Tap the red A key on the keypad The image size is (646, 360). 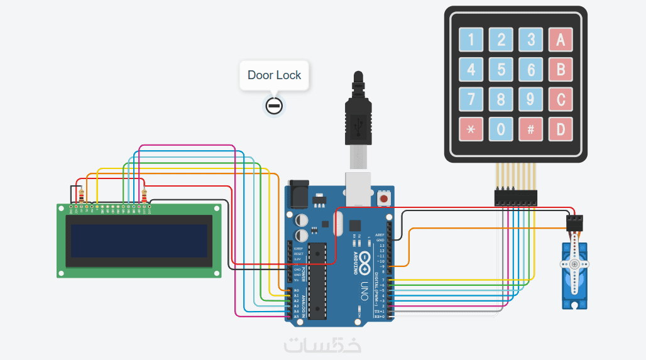point(561,40)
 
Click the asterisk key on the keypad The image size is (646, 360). point(471,129)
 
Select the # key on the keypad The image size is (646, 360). point(531,129)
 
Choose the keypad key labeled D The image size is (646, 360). point(561,129)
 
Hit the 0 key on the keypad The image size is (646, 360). point(501,129)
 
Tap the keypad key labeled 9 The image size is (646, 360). point(531,99)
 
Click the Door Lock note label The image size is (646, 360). point(274,75)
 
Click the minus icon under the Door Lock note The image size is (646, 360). point(273,106)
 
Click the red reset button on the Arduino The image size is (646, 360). point(383,199)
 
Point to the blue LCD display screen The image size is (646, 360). point(140,241)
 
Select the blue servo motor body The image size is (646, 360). point(575,276)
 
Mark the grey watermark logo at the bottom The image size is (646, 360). point(322,345)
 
